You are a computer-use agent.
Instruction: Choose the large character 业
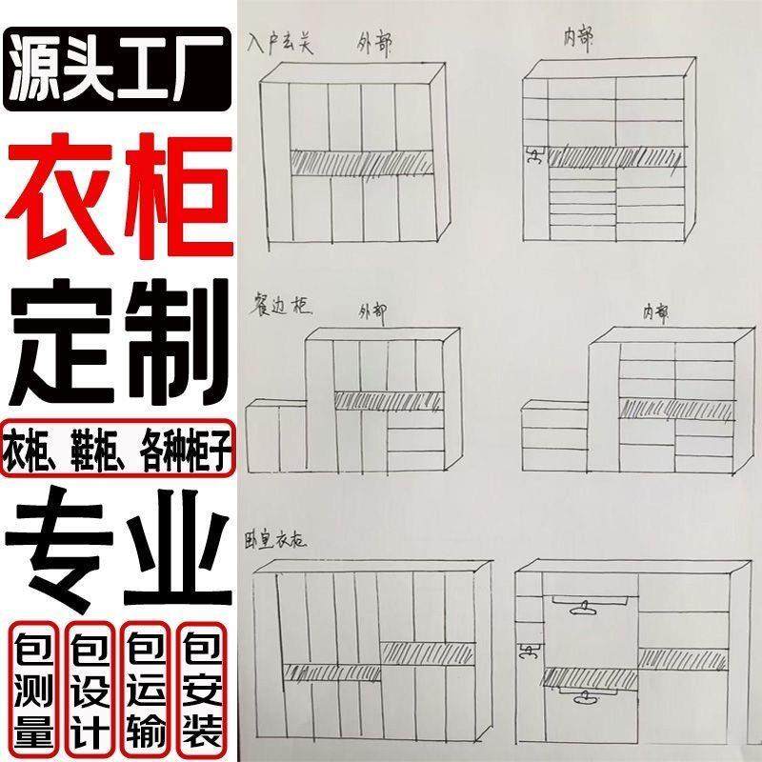tap(171, 533)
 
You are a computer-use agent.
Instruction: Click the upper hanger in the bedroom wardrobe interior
tap(578, 606)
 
